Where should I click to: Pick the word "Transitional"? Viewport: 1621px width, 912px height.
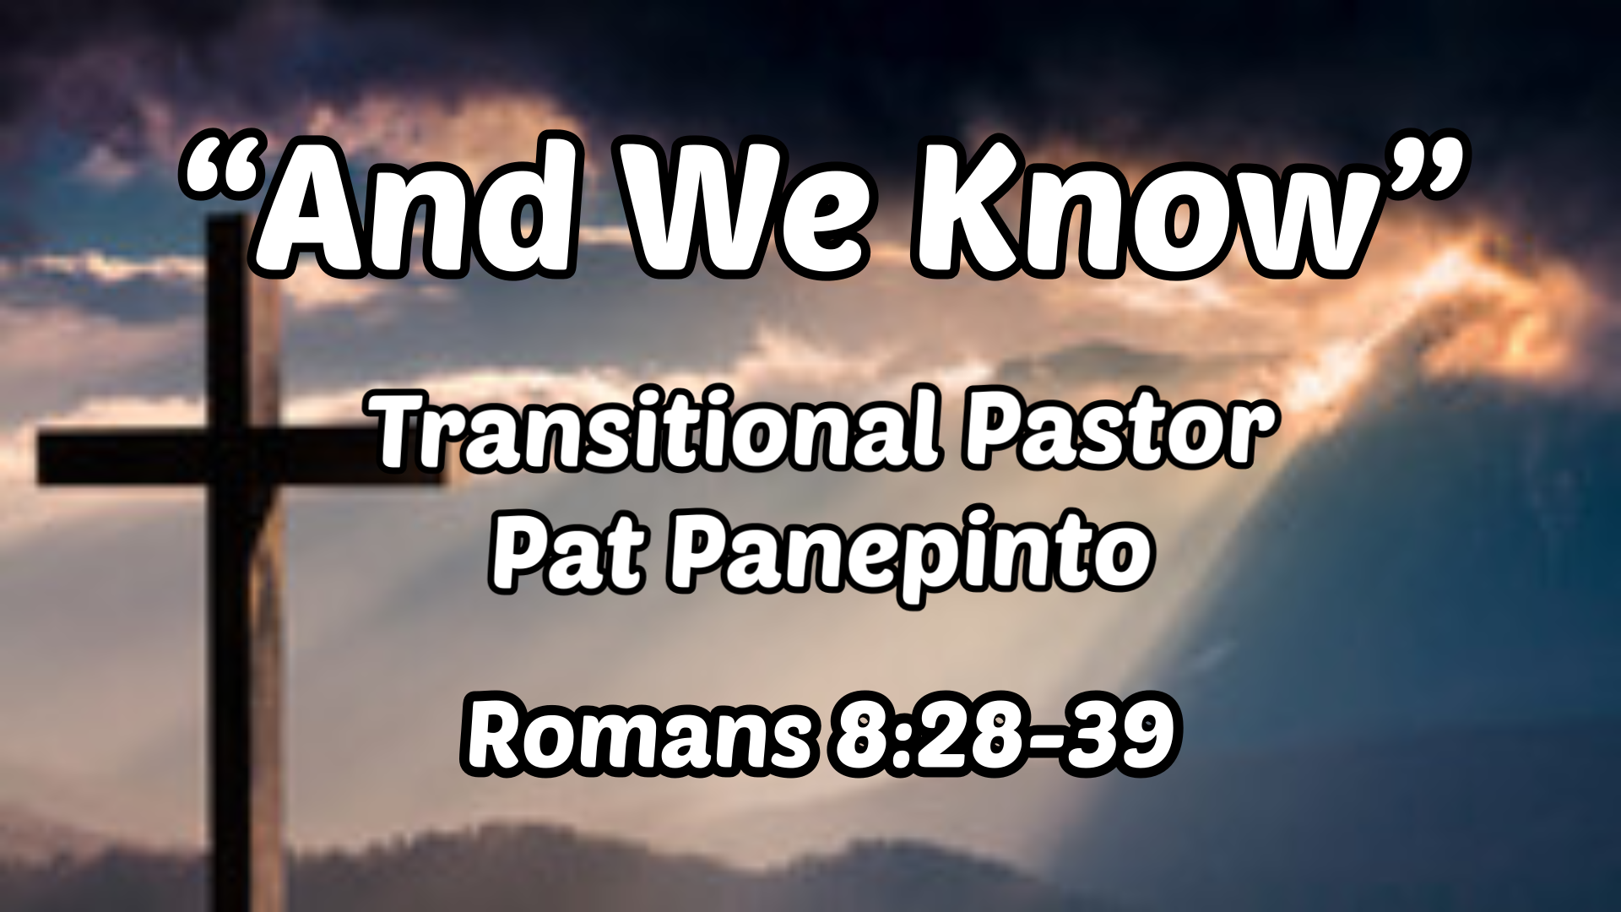point(654,431)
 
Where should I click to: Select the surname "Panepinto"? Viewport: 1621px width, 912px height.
point(912,553)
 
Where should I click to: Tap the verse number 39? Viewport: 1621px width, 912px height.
point(1119,735)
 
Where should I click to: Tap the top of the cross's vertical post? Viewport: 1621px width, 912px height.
point(226,232)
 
